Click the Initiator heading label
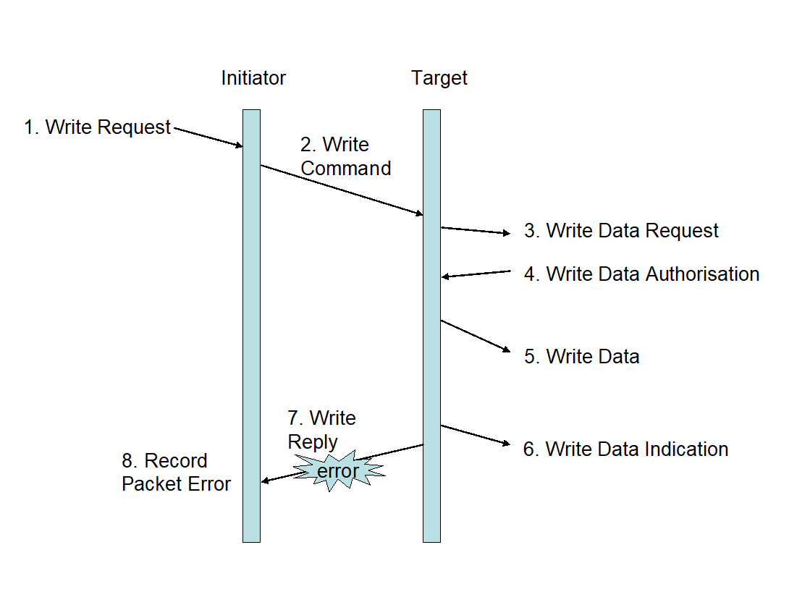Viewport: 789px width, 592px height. [x=253, y=78]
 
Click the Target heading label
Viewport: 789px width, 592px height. [x=439, y=78]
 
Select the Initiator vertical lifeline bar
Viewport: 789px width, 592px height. [x=251, y=326]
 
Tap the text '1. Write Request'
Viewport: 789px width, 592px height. [x=98, y=127]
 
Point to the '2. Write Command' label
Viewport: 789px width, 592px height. [x=345, y=156]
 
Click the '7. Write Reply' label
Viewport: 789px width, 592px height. [x=321, y=430]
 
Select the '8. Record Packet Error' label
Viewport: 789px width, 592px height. [x=176, y=473]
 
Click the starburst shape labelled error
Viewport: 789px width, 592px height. [x=338, y=471]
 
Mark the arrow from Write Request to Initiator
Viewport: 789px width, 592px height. [x=208, y=138]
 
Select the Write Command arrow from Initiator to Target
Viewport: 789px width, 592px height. [x=342, y=190]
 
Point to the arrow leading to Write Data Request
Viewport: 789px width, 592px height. [x=476, y=230]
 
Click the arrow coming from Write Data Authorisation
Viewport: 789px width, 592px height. [x=477, y=274]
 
